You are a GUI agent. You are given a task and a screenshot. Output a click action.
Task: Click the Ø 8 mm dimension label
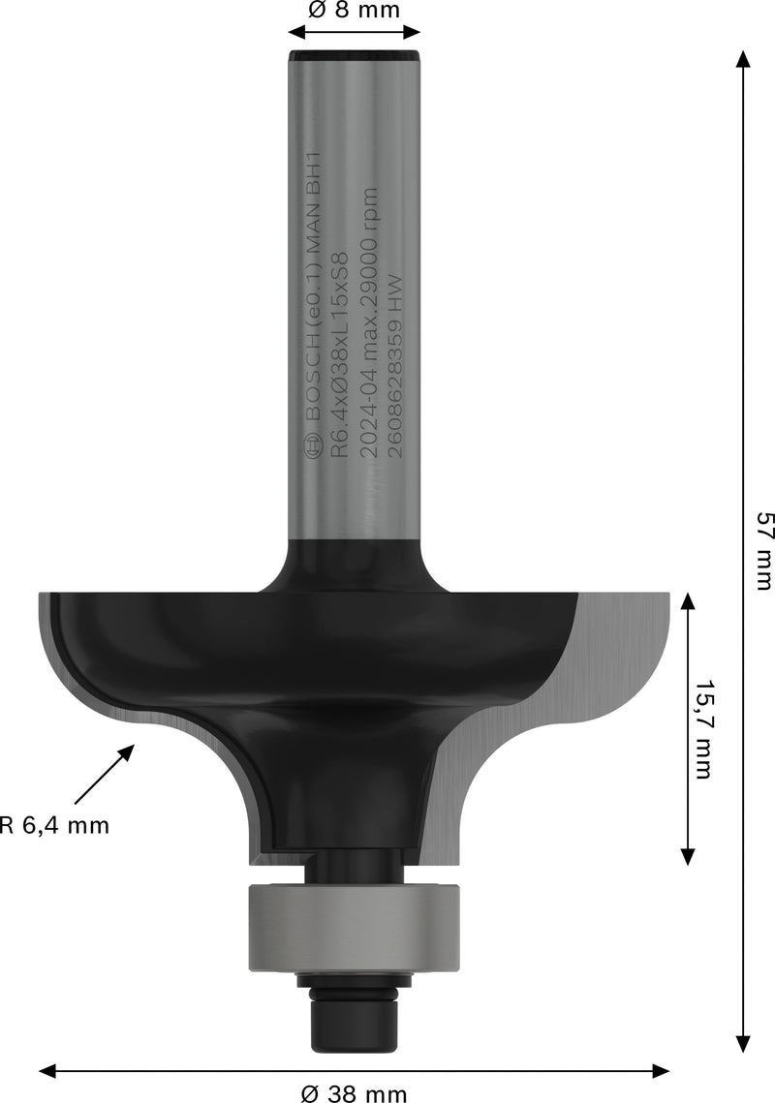[354, 11]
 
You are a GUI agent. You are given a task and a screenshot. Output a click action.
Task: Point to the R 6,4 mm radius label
[54, 826]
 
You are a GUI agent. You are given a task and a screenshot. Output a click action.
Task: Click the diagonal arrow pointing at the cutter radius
[102, 775]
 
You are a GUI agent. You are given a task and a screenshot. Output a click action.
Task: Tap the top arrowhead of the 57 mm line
[743, 58]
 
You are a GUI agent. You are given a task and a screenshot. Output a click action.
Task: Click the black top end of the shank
[354, 57]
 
